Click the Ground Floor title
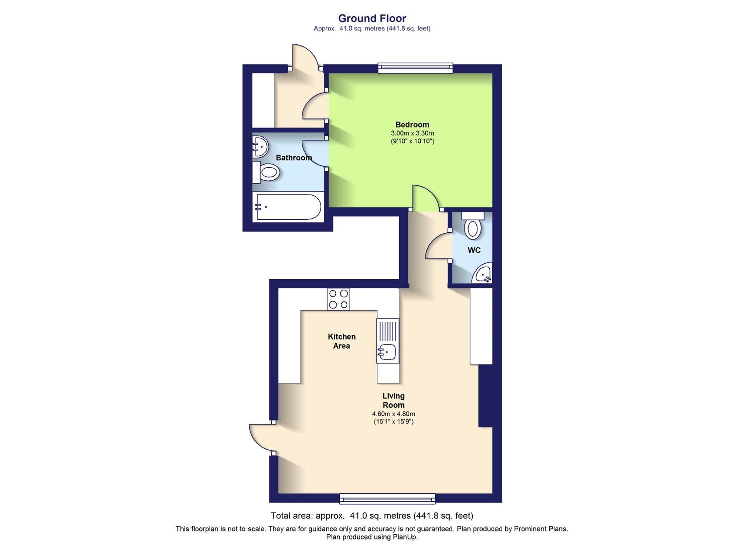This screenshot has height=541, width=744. [x=372, y=18]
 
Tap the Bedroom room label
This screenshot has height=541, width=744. [x=412, y=125]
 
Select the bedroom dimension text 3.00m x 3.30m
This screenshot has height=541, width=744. [x=412, y=133]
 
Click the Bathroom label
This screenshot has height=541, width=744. [x=294, y=157]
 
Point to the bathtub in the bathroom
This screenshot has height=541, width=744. [x=288, y=207]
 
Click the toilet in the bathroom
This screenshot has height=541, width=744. [x=266, y=172]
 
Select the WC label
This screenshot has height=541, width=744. [x=474, y=250]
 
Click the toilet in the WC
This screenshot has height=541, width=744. [x=472, y=226]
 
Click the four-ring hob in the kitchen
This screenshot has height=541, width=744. [x=338, y=299]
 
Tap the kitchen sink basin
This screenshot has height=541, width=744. [x=387, y=352]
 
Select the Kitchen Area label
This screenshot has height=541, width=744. [x=342, y=341]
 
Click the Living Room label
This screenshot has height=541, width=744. [x=394, y=401]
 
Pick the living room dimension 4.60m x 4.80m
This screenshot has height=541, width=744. [x=394, y=414]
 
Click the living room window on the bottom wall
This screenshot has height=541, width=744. [x=387, y=498]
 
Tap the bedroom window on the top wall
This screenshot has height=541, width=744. [x=415, y=68]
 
